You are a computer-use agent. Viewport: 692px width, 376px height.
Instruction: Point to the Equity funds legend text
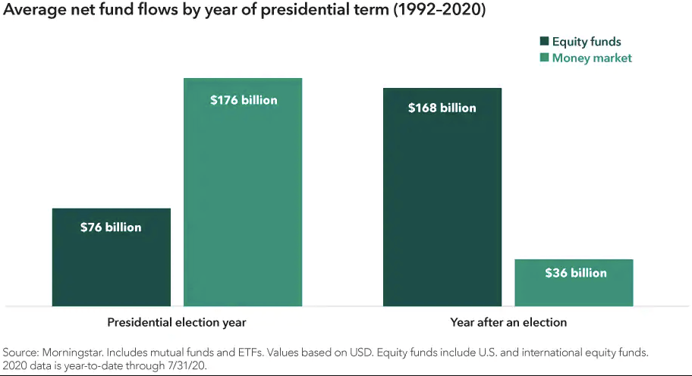click(x=587, y=42)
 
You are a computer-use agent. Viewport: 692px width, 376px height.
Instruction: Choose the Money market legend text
click(x=592, y=58)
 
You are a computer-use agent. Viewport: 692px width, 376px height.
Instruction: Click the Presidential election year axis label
click(x=177, y=322)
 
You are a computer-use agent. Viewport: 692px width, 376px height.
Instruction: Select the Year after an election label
click(x=508, y=322)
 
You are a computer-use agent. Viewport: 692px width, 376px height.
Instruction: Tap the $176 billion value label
click(x=244, y=100)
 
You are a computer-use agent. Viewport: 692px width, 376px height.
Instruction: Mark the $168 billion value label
click(x=442, y=108)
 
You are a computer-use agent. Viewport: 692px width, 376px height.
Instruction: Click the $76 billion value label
click(x=111, y=227)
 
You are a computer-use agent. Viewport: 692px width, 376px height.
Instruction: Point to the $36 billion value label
click(x=576, y=273)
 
